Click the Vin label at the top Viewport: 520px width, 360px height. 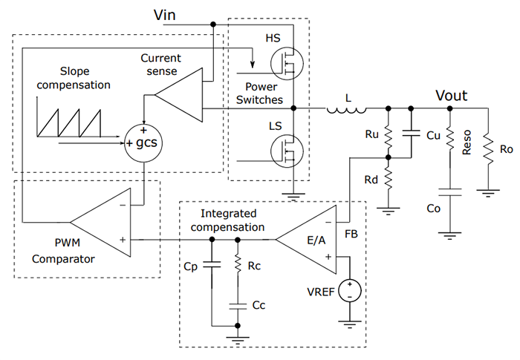166,14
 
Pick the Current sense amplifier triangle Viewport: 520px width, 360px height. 179,94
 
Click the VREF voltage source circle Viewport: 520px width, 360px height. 347,290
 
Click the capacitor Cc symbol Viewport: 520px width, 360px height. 237,304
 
